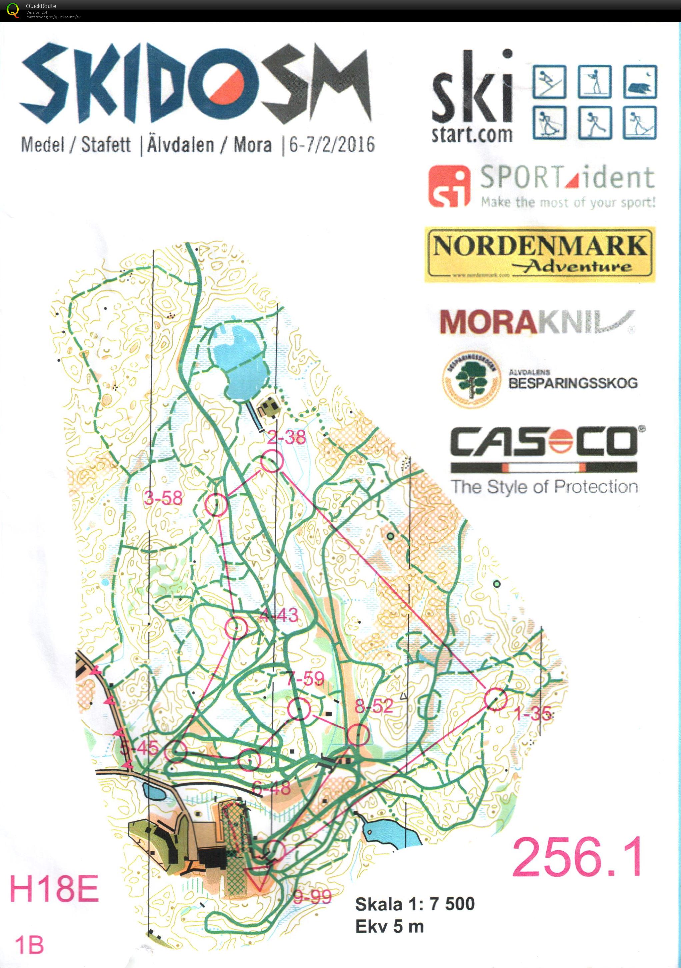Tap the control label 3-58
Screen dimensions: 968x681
tap(163, 498)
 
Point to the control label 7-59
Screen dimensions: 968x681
tap(305, 678)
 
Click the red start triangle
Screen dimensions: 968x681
tap(258, 878)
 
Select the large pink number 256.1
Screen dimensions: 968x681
tap(578, 857)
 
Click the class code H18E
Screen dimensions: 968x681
tap(54, 889)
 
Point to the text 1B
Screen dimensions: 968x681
tap(30, 944)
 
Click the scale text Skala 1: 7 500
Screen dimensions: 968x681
tap(415, 904)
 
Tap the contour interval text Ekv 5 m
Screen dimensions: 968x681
tap(389, 926)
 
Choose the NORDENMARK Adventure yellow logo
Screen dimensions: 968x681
tap(540, 254)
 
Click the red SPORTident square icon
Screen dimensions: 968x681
tap(449, 186)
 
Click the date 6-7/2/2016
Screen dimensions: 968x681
tap(332, 145)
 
